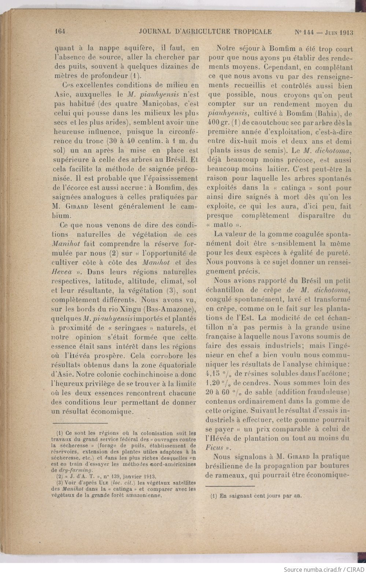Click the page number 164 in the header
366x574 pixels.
(x=60, y=32)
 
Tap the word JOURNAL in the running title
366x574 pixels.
(x=155, y=32)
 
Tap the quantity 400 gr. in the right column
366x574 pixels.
(x=215, y=123)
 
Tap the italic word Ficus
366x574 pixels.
(x=214, y=447)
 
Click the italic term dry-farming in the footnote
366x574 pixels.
(x=76, y=470)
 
